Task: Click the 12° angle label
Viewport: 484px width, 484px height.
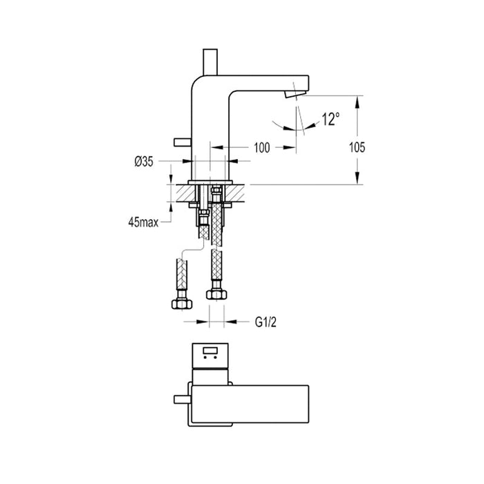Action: (x=331, y=120)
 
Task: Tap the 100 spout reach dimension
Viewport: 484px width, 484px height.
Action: (x=261, y=147)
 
